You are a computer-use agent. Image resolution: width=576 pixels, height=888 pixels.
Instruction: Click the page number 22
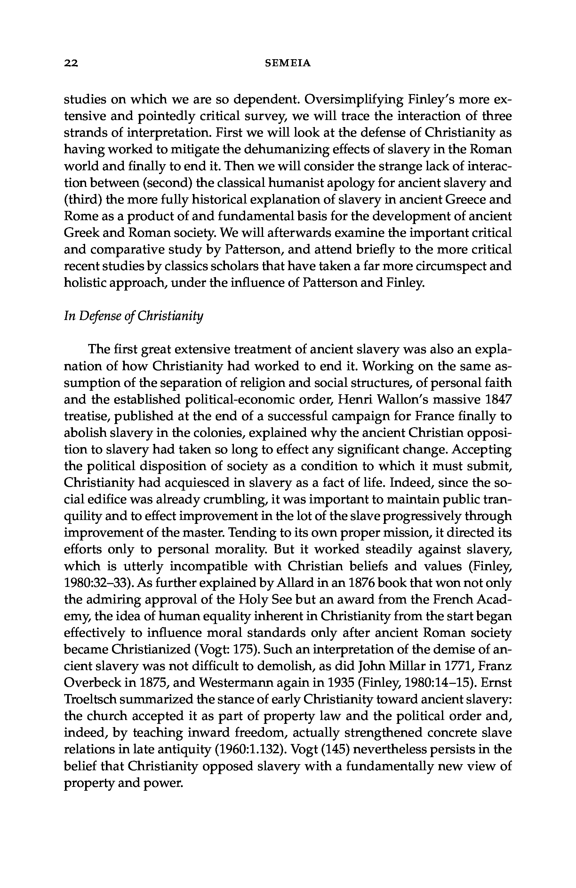click(71, 63)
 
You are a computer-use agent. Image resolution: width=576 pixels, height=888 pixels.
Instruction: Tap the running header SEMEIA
click(288, 63)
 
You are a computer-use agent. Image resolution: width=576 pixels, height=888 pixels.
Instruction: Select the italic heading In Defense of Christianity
click(133, 316)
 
